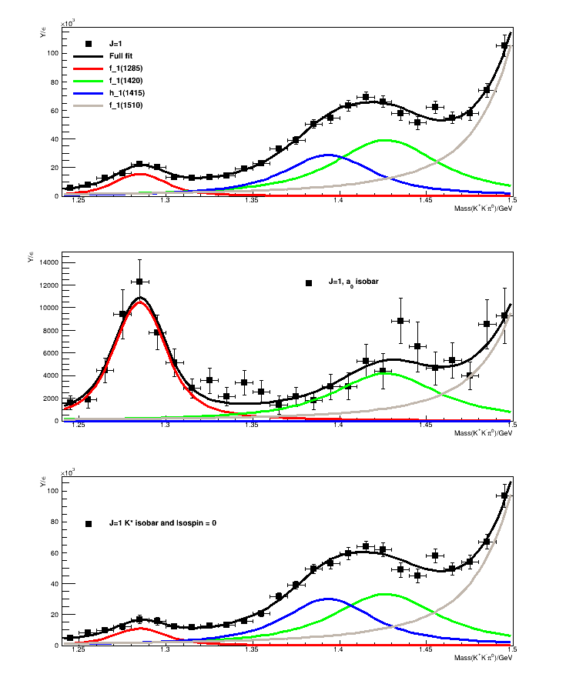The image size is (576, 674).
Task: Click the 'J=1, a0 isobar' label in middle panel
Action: [352, 282]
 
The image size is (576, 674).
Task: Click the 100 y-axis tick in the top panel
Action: [53, 53]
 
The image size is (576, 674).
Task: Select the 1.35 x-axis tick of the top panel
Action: [252, 202]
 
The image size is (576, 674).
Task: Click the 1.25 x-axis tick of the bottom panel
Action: [79, 651]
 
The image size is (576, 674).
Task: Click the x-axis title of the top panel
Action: [481, 209]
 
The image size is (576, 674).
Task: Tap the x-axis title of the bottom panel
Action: [481, 658]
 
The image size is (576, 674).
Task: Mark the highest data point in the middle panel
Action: [139, 282]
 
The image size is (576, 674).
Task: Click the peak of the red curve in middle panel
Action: [140, 302]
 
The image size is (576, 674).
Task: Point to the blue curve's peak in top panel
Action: [329, 155]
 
